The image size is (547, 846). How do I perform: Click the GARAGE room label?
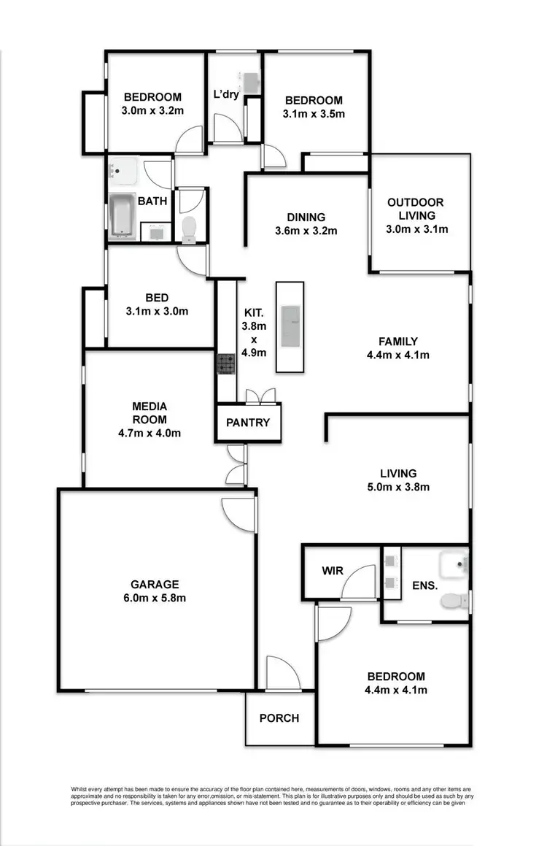click(x=155, y=584)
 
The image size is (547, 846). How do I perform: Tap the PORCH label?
click(x=279, y=718)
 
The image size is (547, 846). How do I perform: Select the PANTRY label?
click(x=248, y=423)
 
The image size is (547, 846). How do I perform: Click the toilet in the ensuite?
click(x=453, y=601)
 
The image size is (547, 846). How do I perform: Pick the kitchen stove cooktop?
click(x=225, y=363)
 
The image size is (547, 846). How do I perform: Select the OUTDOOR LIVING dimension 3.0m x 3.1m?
click(x=416, y=228)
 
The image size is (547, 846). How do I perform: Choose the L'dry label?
click(x=226, y=94)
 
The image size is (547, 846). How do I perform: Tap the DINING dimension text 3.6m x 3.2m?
click(x=306, y=231)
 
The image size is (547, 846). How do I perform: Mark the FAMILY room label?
click(x=397, y=341)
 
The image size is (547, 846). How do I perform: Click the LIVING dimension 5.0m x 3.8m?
click(x=398, y=487)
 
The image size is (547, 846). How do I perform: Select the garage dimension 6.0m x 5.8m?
click(x=155, y=598)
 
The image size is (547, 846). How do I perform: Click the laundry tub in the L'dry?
click(x=250, y=81)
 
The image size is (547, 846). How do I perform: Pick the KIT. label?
click(x=253, y=312)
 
